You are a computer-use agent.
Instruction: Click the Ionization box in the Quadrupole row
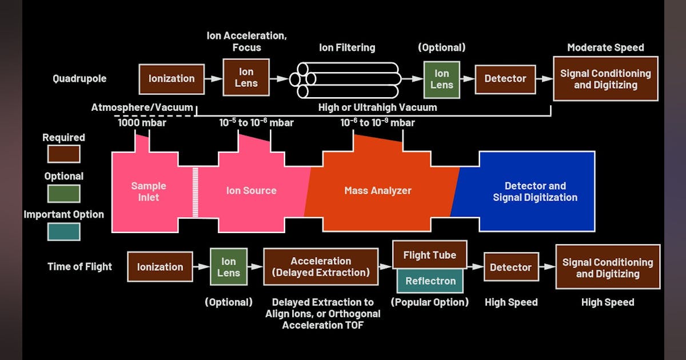[171, 79]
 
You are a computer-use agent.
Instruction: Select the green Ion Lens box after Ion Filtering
[441, 79]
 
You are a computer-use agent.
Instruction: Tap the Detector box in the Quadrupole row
[505, 79]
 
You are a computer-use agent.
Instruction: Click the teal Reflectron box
[430, 281]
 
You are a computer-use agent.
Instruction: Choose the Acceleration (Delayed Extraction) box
[321, 266]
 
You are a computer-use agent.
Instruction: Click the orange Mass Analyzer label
[377, 191]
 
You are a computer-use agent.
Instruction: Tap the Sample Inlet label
[149, 191]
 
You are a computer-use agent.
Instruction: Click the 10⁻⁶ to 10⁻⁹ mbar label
[377, 122]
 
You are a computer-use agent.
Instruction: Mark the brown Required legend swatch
[63, 154]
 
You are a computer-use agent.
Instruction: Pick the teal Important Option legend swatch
[63, 231]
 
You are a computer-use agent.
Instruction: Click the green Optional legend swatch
[63, 193]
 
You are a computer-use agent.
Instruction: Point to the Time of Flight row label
[80, 266]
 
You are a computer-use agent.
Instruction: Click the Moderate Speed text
[605, 47]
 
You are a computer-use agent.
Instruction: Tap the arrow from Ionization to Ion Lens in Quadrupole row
[213, 79]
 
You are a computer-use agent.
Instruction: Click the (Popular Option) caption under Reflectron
[430, 302]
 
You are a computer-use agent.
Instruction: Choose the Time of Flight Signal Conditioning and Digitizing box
[607, 267]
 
